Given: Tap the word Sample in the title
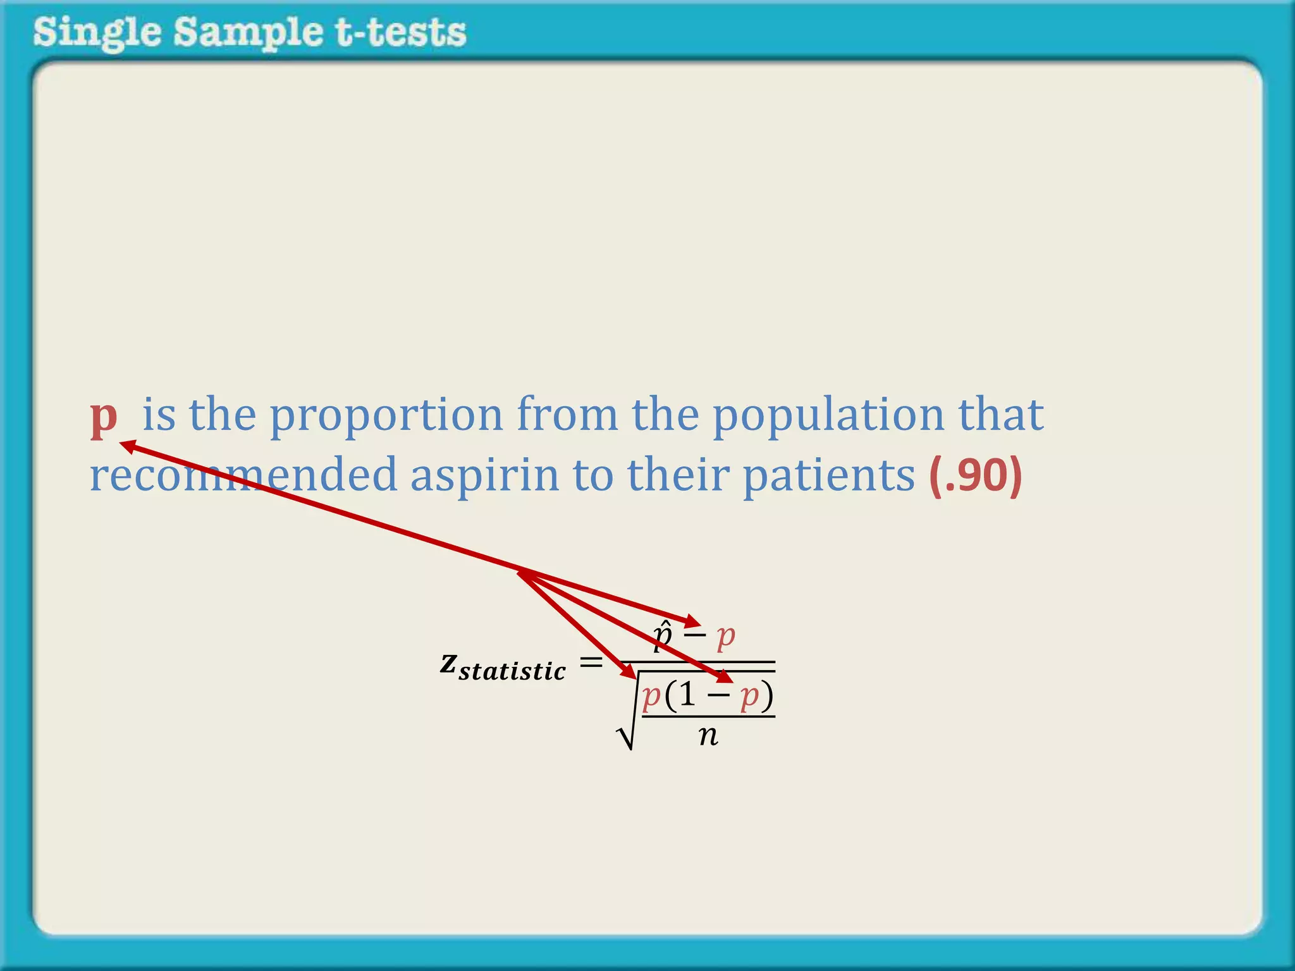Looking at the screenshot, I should [x=247, y=33].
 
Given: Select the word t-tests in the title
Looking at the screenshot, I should [x=401, y=33].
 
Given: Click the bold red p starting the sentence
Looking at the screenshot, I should [x=104, y=417].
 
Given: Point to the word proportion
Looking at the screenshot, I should [x=386, y=416].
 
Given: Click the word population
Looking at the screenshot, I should [x=828, y=416].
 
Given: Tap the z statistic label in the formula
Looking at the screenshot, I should [x=503, y=667].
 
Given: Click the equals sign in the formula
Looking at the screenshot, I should [x=591, y=663].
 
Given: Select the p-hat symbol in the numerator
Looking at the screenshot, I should [x=662, y=635].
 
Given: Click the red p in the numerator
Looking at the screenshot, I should [x=725, y=636].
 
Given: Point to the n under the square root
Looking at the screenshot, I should [x=708, y=735].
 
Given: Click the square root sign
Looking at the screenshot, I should [x=626, y=733].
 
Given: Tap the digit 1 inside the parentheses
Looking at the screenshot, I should [x=688, y=695].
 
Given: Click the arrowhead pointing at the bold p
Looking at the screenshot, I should [x=127, y=446].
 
